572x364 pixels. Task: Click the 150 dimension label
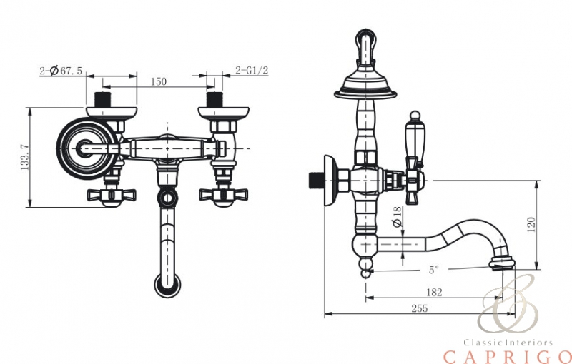tap(159, 81)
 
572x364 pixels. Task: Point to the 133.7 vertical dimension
tap(26, 158)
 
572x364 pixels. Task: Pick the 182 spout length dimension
tap(433, 292)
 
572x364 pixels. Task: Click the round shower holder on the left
tap(80, 148)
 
